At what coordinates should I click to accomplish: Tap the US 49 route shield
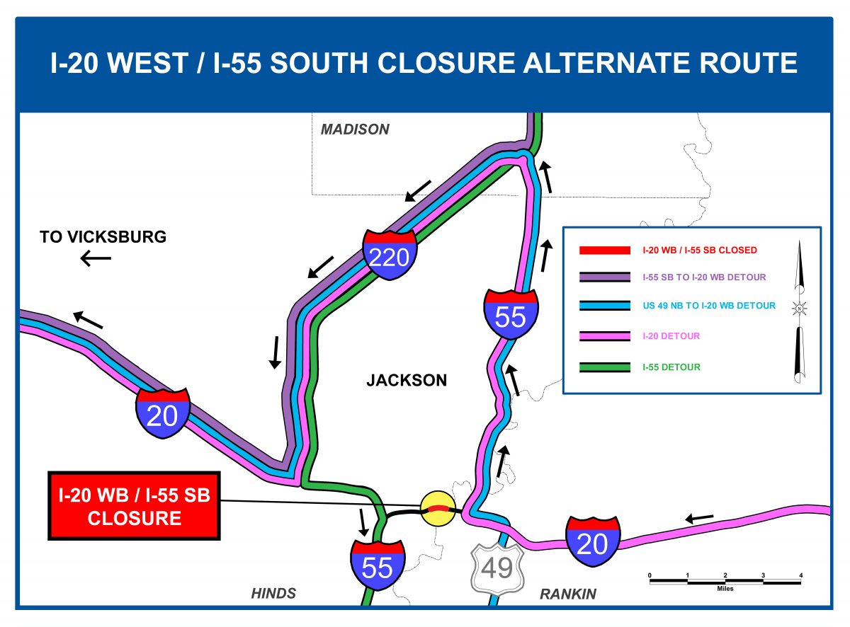coord(497,567)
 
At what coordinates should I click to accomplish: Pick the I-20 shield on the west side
coord(162,414)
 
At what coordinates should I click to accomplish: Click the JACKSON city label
coord(407,381)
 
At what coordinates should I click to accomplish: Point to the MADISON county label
coord(355,130)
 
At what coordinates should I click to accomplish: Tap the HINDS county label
coord(273,593)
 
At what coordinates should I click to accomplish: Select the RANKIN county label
coord(568,594)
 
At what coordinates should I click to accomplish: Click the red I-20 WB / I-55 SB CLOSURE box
coord(135,505)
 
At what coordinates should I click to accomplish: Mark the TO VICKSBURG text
coord(103,237)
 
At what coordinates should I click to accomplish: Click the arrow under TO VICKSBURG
coord(96,259)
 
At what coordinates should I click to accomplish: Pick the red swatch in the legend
coord(604,250)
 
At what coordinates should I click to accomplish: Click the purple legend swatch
coord(604,277)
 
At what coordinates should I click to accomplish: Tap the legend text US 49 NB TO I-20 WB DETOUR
coord(708,306)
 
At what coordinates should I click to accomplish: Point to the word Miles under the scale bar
coord(725,589)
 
